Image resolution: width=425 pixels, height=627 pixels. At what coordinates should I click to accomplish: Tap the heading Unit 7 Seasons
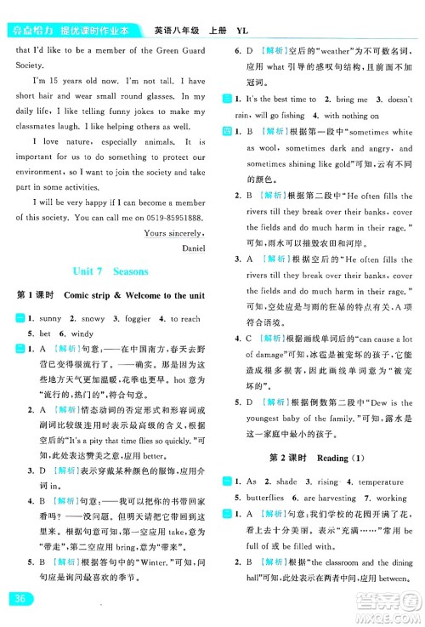click(x=110, y=271)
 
